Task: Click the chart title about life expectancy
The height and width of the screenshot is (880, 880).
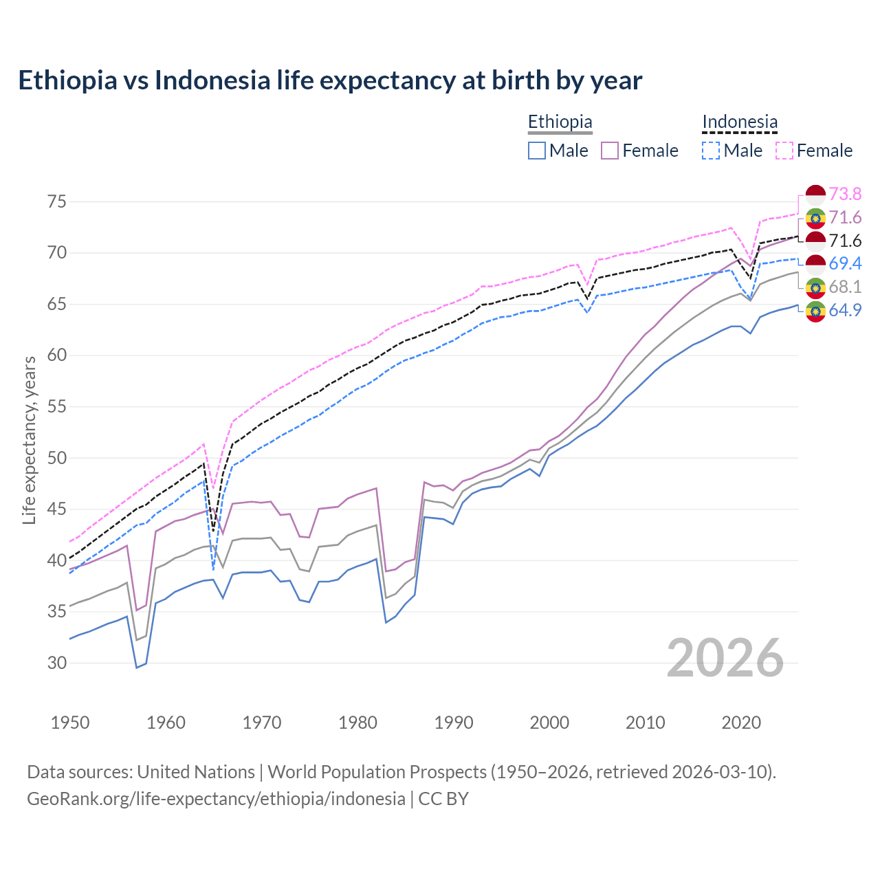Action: coord(330,80)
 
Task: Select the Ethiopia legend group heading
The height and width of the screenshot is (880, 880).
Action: coord(560,122)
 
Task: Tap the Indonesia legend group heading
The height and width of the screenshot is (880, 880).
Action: coord(740,122)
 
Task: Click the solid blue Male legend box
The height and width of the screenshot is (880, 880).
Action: coord(537,151)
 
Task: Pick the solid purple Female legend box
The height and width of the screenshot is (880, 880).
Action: coord(610,151)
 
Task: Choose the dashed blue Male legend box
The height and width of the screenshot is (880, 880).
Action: coord(711,151)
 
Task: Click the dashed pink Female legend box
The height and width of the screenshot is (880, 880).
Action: coord(784,151)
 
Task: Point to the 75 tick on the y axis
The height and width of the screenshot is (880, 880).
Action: coord(57,201)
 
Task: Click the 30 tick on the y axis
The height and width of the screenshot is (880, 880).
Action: coord(57,663)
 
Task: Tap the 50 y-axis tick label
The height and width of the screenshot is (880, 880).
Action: coord(57,458)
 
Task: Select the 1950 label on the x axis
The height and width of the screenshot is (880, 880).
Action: coord(70,723)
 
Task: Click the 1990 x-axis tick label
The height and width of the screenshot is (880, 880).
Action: coord(454,723)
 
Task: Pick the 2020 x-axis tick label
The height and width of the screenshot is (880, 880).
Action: coord(741,723)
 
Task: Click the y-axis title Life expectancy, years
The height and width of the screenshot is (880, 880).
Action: coord(30,440)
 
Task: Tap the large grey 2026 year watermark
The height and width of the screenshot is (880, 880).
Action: coord(725,658)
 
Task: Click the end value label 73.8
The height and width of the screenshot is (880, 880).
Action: coord(845,195)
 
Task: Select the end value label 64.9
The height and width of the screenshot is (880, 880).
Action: coord(845,310)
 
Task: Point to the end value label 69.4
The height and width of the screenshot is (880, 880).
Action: coord(845,263)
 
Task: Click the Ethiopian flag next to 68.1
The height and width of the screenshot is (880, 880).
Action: coord(815,287)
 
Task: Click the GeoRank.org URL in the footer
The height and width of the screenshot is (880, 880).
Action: coord(216,798)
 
